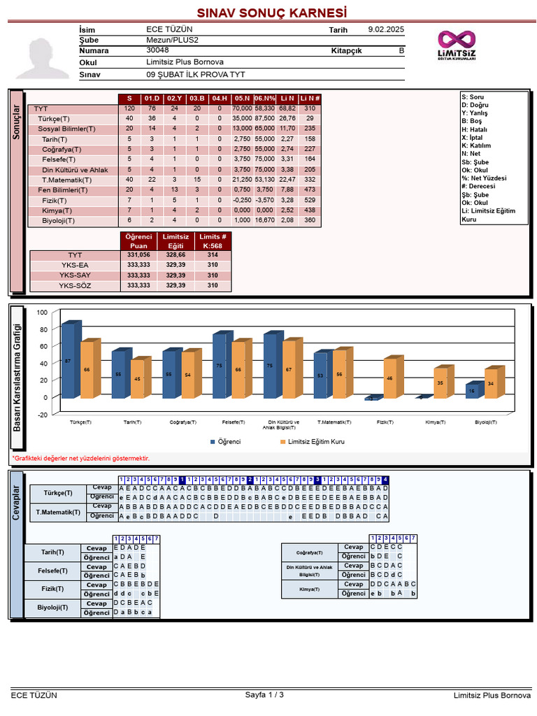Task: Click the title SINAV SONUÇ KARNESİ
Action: click(x=271, y=13)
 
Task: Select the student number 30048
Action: click(x=157, y=50)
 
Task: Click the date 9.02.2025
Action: click(x=385, y=29)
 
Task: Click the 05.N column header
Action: click(x=242, y=99)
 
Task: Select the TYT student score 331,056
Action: click(x=138, y=255)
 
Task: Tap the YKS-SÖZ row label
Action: click(x=75, y=285)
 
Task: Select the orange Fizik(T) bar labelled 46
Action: click(x=389, y=379)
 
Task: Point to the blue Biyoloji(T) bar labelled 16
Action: click(x=471, y=392)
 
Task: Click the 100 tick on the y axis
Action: click(x=42, y=313)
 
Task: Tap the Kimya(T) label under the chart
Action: click(x=436, y=422)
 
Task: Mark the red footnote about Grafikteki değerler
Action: click(x=80, y=458)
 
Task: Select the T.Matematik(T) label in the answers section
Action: click(x=58, y=512)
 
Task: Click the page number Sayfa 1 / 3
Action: click(x=264, y=695)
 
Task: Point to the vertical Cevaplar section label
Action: click(x=17, y=494)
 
